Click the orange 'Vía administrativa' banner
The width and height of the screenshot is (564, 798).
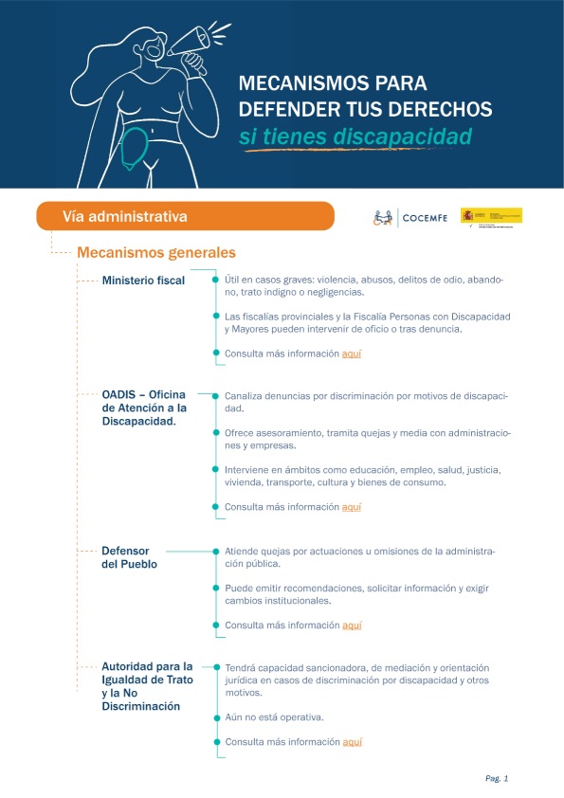185,216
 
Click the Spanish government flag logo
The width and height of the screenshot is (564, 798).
491,216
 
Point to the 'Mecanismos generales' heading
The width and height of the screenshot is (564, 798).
156,253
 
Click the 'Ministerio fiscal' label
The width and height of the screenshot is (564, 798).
143,281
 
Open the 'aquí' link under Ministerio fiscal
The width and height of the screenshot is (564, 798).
352,354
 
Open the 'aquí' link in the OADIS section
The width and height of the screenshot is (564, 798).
352,507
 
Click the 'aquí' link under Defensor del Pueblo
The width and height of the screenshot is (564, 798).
352,626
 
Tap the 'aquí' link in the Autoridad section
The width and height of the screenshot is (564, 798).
352,741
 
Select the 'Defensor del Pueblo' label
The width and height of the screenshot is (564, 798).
129,557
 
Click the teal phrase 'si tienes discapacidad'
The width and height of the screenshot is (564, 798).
355,137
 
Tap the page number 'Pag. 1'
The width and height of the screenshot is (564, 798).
497,778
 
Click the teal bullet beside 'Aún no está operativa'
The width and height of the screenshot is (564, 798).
216,716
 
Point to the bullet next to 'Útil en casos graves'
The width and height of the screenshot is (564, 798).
216,280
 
